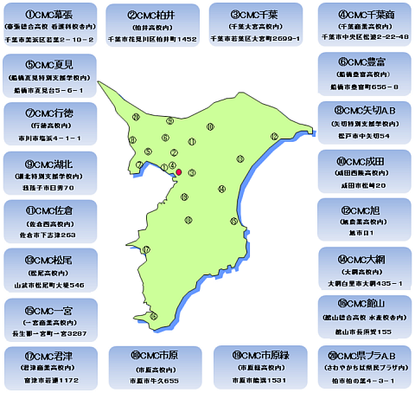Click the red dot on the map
tap(179, 172)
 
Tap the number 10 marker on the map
tap(210, 127)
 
